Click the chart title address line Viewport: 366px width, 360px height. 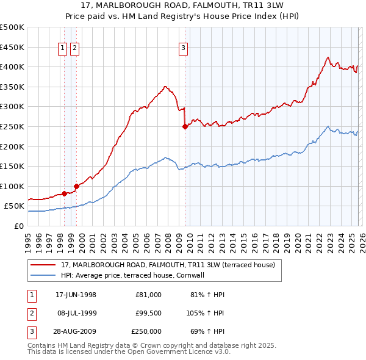tap(182, 5)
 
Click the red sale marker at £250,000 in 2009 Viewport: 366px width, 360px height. tap(185, 127)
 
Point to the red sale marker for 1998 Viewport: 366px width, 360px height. tap(64, 193)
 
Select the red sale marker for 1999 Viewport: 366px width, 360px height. tap(76, 186)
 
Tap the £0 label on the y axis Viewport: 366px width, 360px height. tap(19, 226)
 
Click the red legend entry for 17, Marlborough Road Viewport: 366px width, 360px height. tap(168, 265)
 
